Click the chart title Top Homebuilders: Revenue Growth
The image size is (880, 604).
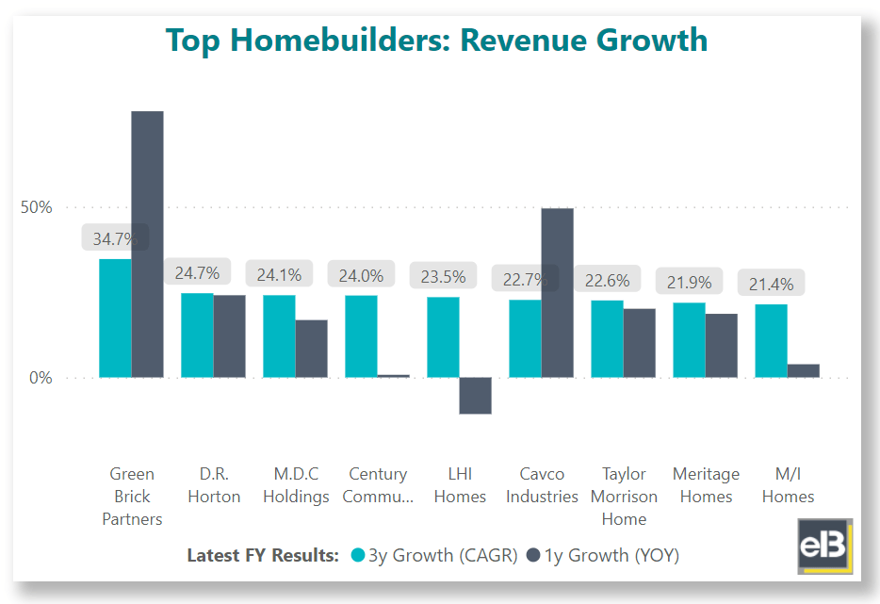coord(436,40)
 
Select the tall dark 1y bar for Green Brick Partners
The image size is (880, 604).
coord(147,244)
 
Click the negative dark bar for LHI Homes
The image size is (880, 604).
coord(475,396)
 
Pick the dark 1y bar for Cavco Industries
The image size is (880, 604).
coord(557,292)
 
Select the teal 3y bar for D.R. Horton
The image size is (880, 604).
coord(197,335)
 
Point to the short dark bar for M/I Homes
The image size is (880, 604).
coord(803,370)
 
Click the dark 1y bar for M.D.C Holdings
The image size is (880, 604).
coord(311,349)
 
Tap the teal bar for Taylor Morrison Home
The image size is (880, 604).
coord(607,339)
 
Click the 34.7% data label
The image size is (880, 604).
coord(115,237)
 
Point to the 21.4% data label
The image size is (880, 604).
coord(771,284)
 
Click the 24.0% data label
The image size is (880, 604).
coord(361,275)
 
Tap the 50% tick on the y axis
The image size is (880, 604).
coord(37,207)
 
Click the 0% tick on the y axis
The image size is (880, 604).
coord(41,378)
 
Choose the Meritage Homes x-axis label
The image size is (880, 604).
coord(706,485)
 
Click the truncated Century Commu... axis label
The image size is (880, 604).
coord(378,485)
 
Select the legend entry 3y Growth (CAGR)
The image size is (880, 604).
coord(433,555)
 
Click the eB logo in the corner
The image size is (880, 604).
coord(824,546)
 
